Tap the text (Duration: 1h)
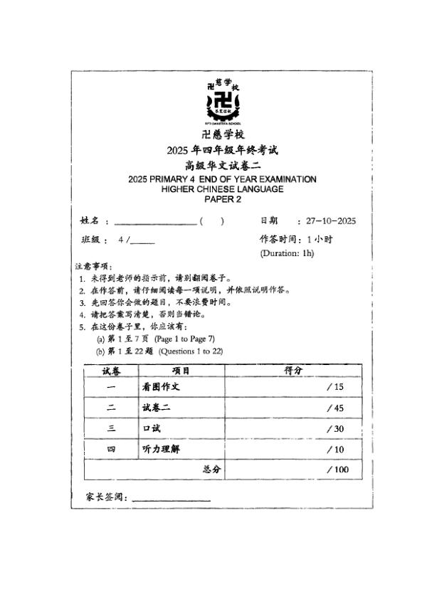(x=287, y=253)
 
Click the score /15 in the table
(x=334, y=387)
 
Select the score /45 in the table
(x=334, y=408)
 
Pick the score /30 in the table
(x=334, y=429)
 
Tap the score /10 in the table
(x=334, y=450)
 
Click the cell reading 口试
(x=152, y=429)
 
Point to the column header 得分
(x=293, y=371)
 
